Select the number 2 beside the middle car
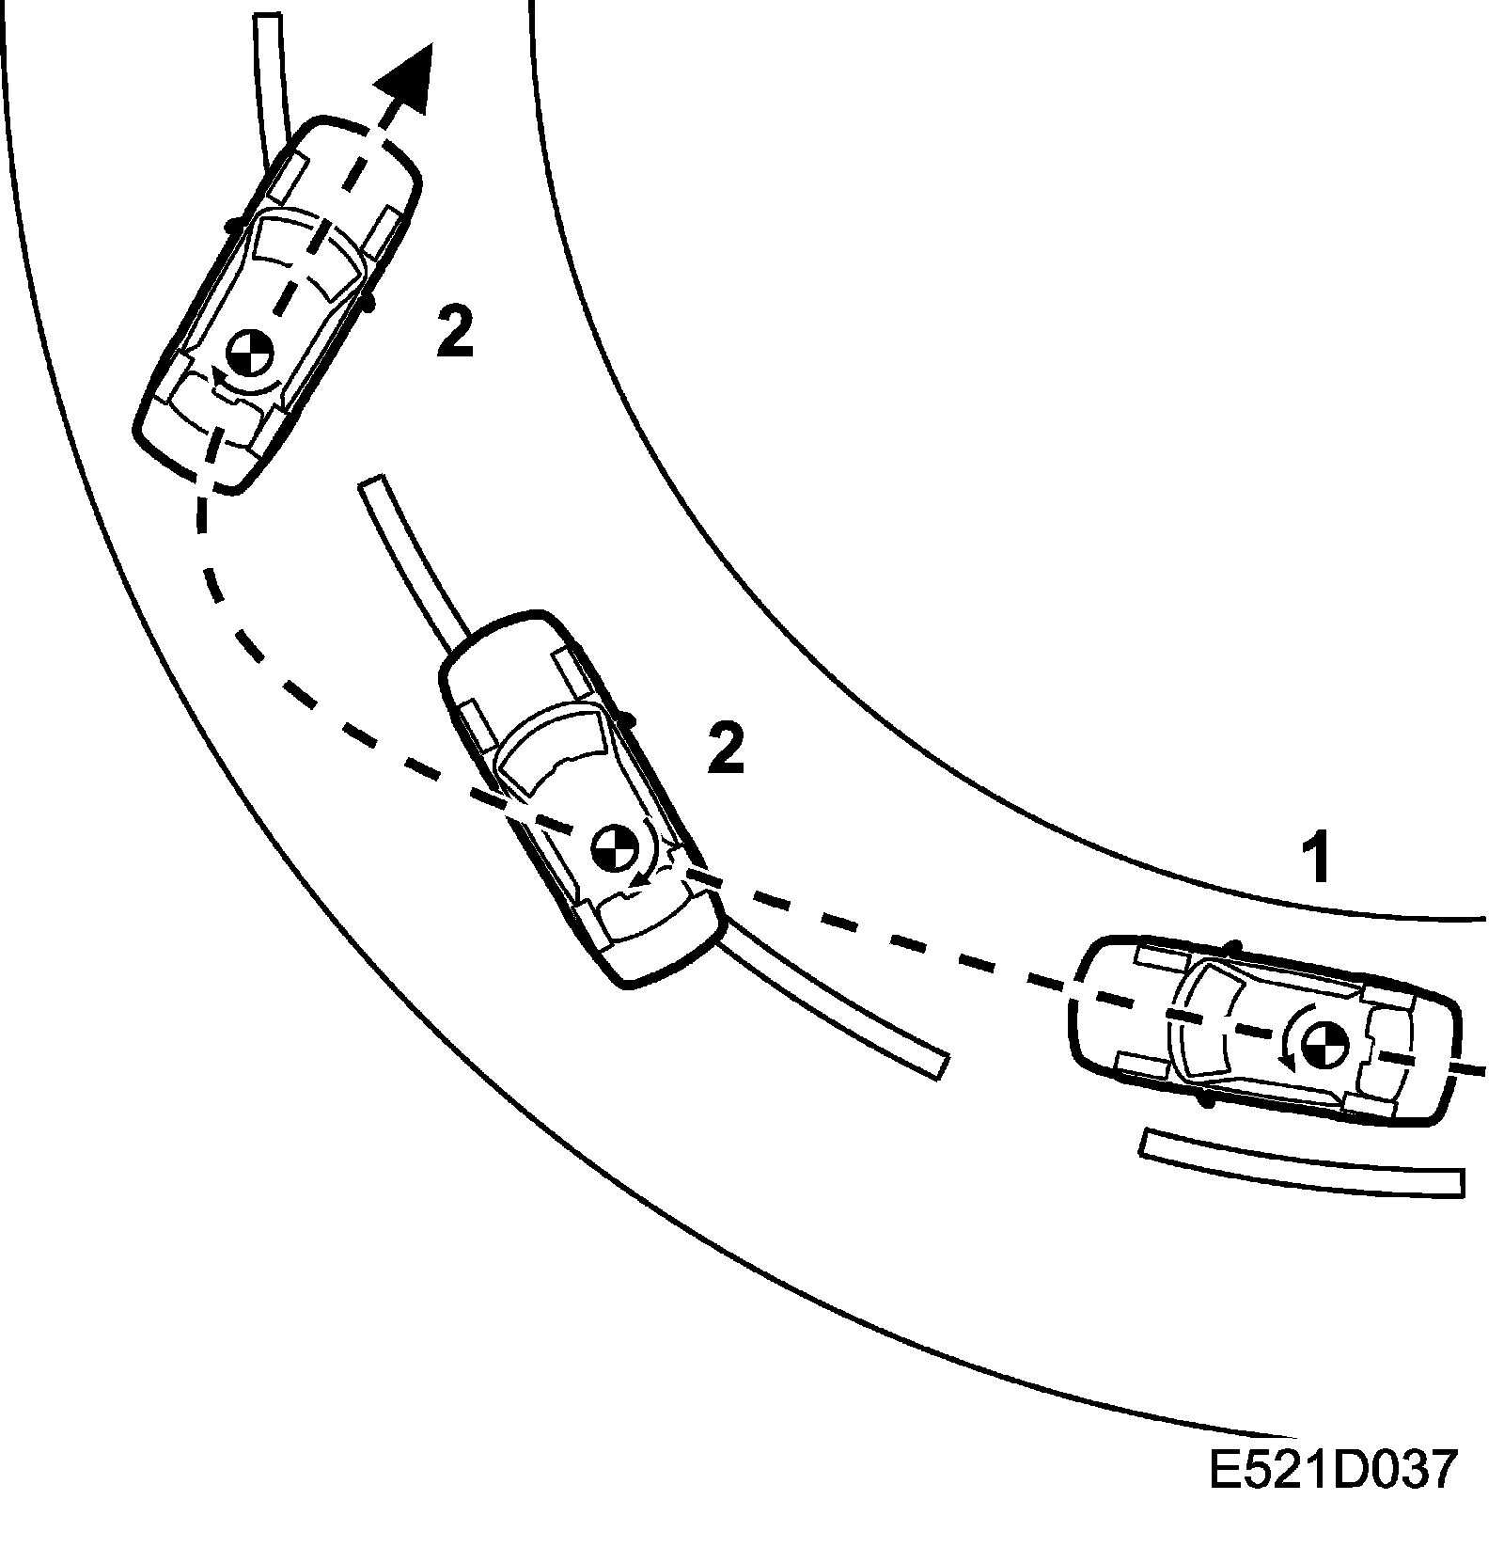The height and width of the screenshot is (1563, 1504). coord(726,749)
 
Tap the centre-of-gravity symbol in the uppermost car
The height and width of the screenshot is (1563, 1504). coord(249,355)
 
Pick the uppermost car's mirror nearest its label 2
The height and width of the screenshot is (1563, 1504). coord(368,301)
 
